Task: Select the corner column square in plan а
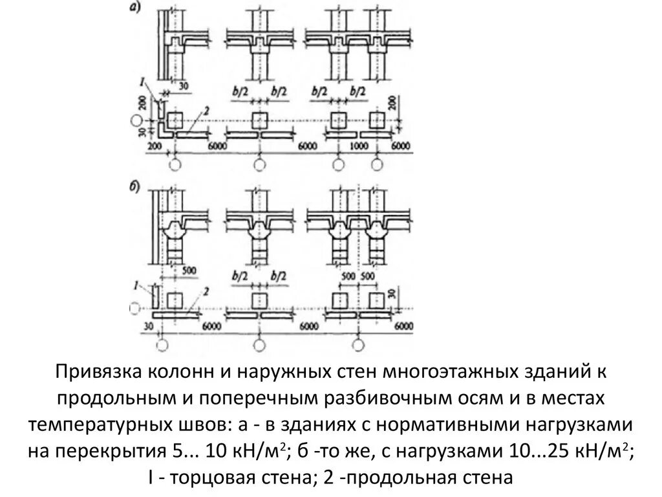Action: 173,121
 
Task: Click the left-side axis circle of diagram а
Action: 135,120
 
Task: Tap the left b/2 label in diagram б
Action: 240,276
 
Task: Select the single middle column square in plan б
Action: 259,299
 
